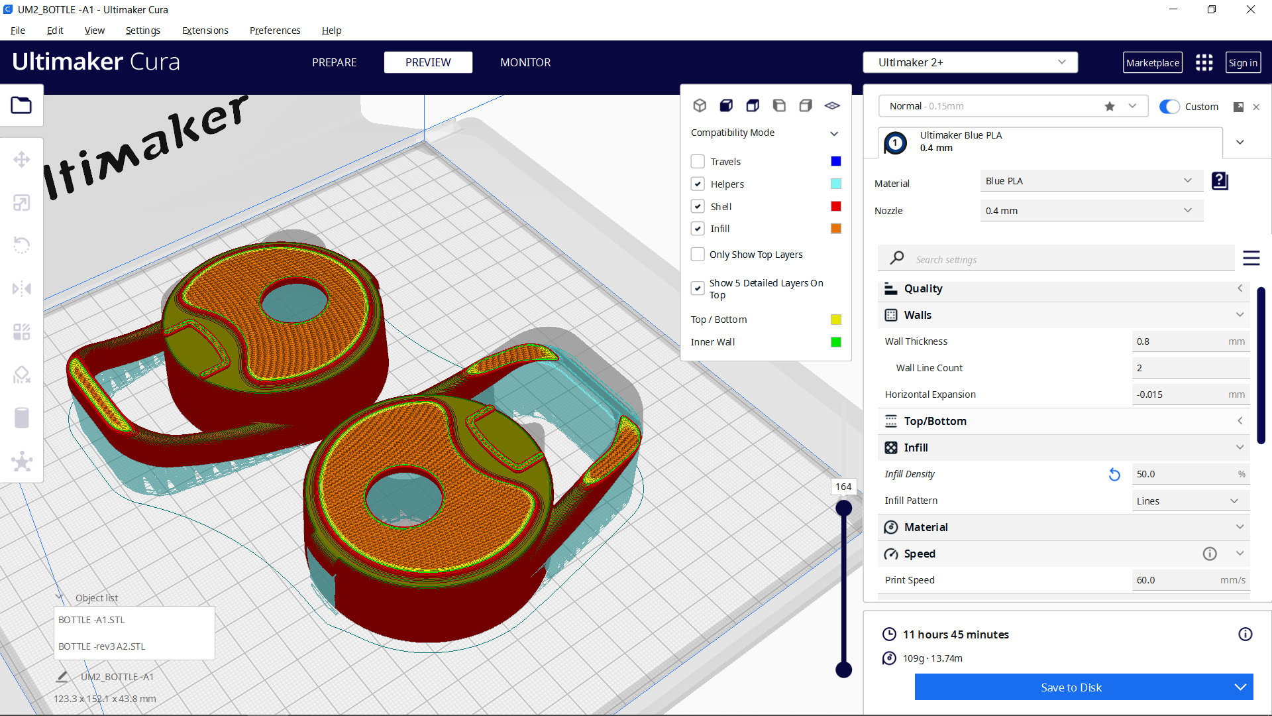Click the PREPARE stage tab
(x=334, y=62)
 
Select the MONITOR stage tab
(x=525, y=62)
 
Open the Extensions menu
(x=205, y=30)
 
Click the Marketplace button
(x=1152, y=62)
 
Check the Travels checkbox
(x=698, y=162)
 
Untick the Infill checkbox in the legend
(x=698, y=229)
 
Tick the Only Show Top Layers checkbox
(x=698, y=255)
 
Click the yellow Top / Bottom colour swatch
(x=836, y=320)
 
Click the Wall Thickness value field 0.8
(x=1179, y=341)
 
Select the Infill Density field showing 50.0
(x=1179, y=474)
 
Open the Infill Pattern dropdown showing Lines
(x=1189, y=501)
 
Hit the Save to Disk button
(x=1071, y=687)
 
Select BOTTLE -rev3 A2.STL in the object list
(x=102, y=646)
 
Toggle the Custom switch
(x=1169, y=107)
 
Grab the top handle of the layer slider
(x=843, y=508)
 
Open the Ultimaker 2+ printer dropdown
(x=970, y=62)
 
